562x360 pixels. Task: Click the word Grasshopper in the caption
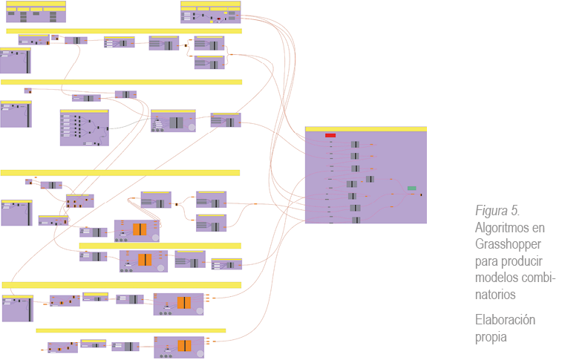(x=506, y=243)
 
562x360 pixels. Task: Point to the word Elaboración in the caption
(x=504, y=320)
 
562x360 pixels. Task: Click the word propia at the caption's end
(x=491, y=337)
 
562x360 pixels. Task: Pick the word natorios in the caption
(x=494, y=295)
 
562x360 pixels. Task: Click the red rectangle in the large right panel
(x=330, y=135)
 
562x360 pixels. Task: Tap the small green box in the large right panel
(x=411, y=189)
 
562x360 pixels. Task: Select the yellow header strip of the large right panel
(x=365, y=129)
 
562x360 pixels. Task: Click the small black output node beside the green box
(x=422, y=194)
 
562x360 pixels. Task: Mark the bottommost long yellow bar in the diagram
(x=131, y=330)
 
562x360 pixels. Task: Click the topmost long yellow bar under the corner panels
(x=124, y=31)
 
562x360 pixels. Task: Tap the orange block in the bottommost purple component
(x=184, y=346)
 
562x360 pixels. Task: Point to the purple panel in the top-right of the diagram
(x=211, y=13)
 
